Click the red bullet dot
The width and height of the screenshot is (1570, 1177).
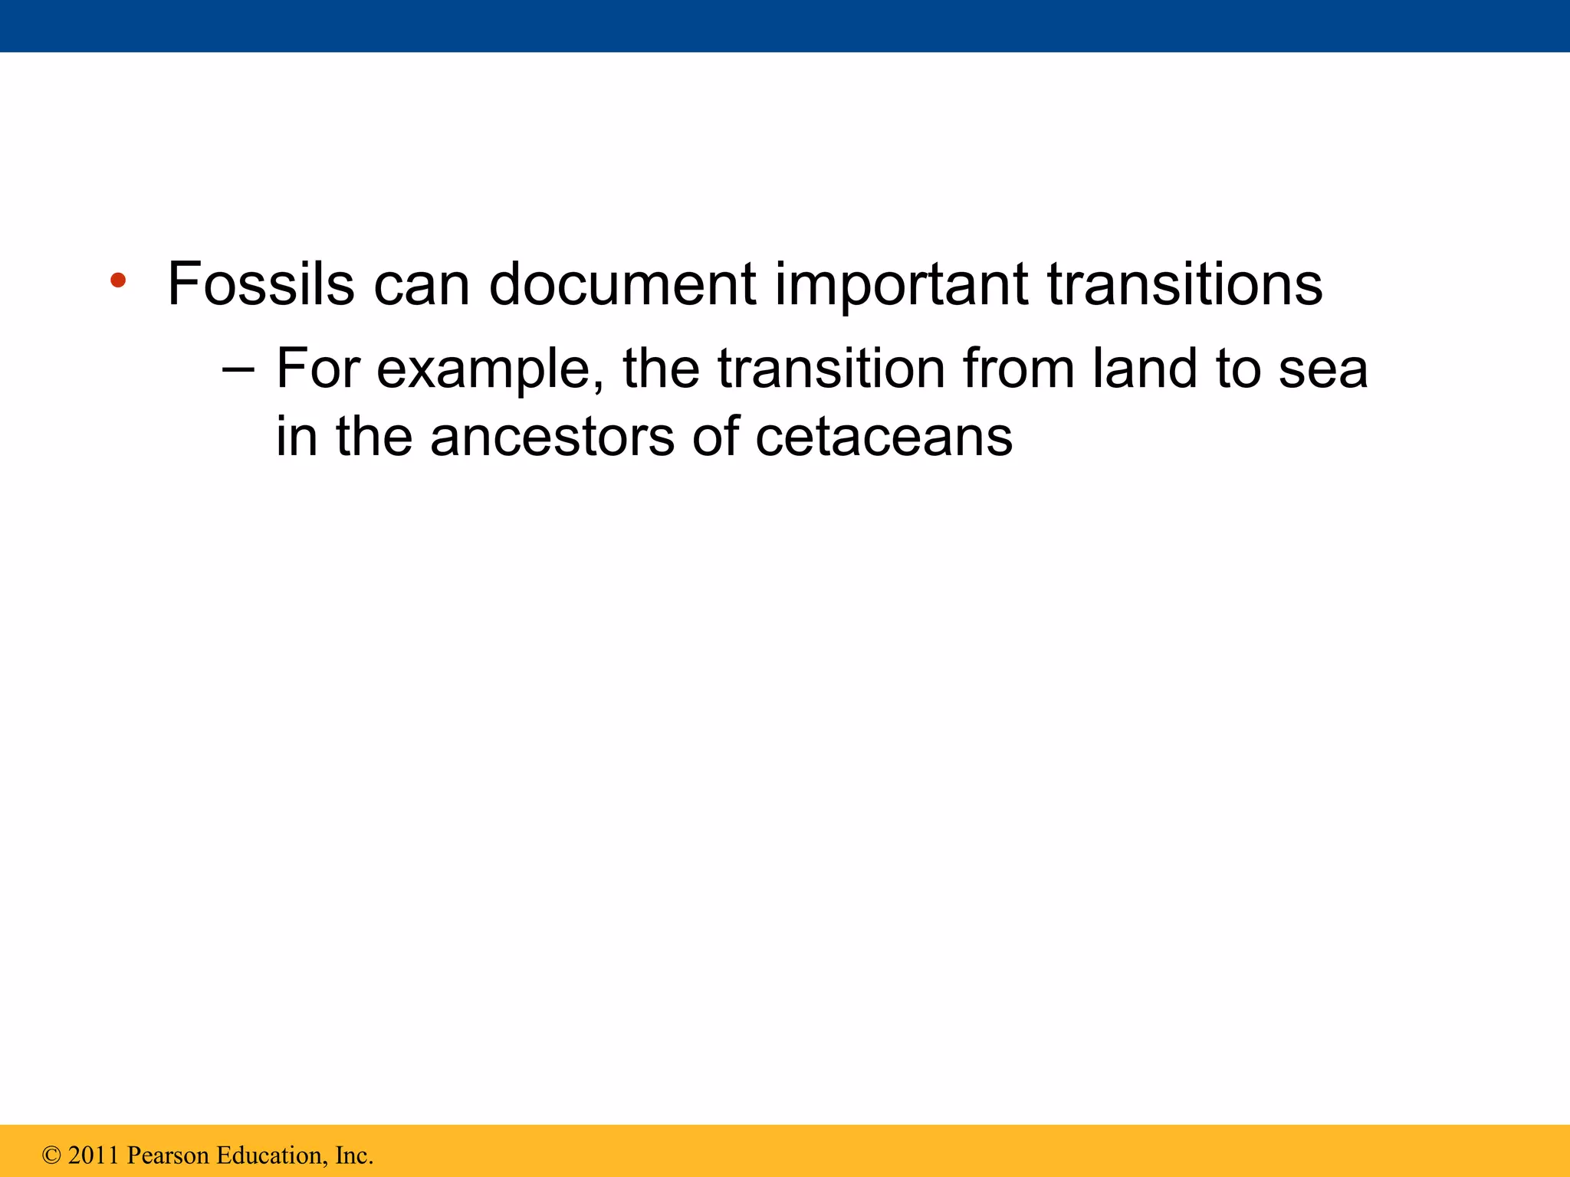tap(117, 280)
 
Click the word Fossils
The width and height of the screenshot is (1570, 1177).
tap(261, 284)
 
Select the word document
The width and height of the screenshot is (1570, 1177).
tap(622, 284)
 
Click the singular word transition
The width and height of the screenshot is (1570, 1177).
tap(831, 369)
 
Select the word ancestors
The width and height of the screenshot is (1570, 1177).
tap(552, 438)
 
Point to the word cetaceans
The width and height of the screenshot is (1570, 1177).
tap(883, 438)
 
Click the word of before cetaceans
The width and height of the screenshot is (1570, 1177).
tap(714, 437)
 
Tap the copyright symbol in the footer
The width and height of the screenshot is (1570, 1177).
tap(51, 1156)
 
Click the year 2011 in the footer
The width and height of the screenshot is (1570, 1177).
tap(94, 1156)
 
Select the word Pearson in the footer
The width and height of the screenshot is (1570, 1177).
tap(168, 1156)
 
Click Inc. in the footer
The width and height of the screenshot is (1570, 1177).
tap(353, 1156)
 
